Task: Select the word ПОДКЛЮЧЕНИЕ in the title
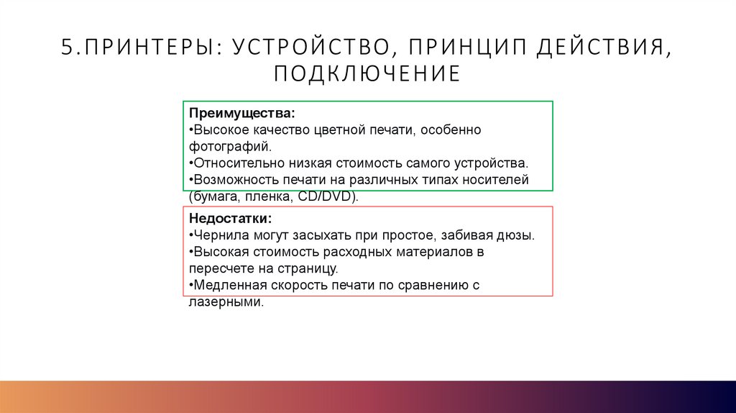coord(367,73)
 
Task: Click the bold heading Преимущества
coord(241,114)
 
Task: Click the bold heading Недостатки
coord(231,219)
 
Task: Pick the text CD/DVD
coord(333,196)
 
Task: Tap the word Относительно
coord(234,163)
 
